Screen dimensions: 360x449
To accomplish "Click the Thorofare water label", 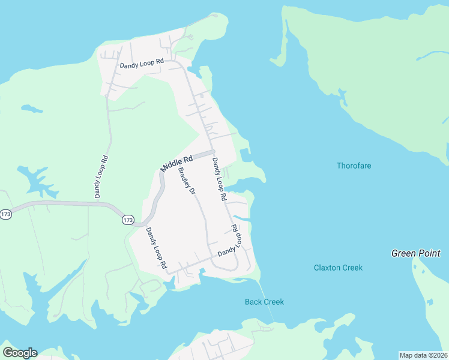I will point(354,166).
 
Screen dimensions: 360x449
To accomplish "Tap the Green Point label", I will point(415,253).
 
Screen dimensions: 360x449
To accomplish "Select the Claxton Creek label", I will point(338,268).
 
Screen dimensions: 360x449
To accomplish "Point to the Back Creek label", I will point(264,302).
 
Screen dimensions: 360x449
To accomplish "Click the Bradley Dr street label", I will point(187,181).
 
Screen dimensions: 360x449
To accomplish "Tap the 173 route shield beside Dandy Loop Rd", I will point(128,220).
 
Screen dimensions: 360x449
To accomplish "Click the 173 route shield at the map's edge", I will point(6,214).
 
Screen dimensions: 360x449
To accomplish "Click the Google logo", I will point(20,353).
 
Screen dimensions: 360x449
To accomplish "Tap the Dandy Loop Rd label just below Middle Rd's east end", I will point(218,179).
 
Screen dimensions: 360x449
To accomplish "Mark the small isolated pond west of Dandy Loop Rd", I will point(32,109).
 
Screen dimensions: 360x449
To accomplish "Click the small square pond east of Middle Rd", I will point(244,155).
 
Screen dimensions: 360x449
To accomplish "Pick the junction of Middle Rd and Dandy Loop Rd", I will point(212,152).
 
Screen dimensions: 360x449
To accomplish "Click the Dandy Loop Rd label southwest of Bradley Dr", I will point(154,248).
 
